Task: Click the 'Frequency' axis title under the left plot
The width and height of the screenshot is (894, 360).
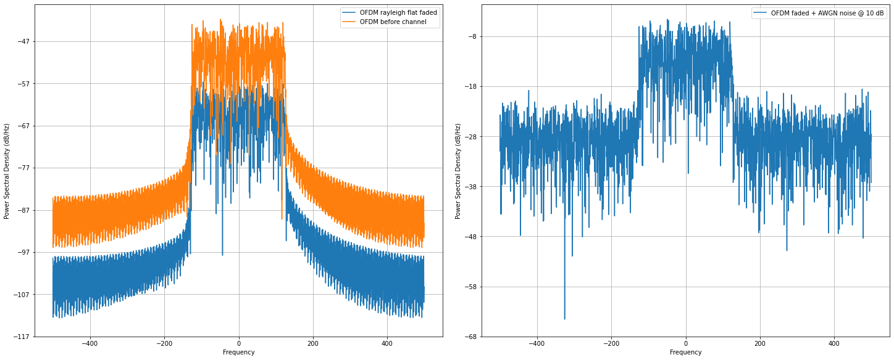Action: [x=239, y=353]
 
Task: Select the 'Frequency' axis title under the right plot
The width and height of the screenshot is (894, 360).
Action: [x=685, y=353]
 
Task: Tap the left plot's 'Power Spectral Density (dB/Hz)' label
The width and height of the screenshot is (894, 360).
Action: [x=7, y=170]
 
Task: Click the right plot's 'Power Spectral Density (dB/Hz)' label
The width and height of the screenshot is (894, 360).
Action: [x=458, y=170]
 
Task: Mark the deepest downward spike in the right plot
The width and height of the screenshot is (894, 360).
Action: [x=564, y=319]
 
